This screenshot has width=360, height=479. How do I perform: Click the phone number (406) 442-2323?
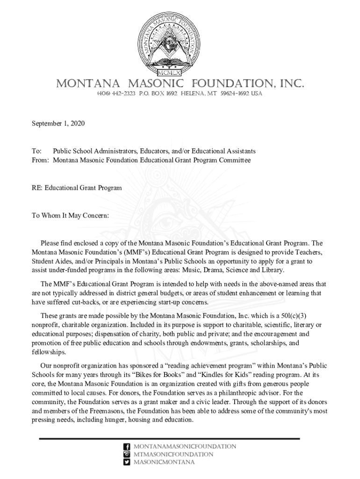[x=116, y=94]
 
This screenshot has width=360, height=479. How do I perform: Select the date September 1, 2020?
[x=58, y=123]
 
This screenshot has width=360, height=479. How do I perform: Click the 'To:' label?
[x=36, y=152]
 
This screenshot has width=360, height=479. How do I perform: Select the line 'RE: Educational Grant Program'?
[x=77, y=188]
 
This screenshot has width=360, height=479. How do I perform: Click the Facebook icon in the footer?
[x=126, y=447]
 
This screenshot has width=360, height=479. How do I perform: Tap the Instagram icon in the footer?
[x=126, y=454]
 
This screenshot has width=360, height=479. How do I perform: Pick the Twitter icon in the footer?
[x=126, y=462]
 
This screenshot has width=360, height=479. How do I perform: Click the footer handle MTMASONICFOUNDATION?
[x=173, y=454]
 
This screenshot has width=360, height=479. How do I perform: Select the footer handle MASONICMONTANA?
[x=164, y=462]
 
